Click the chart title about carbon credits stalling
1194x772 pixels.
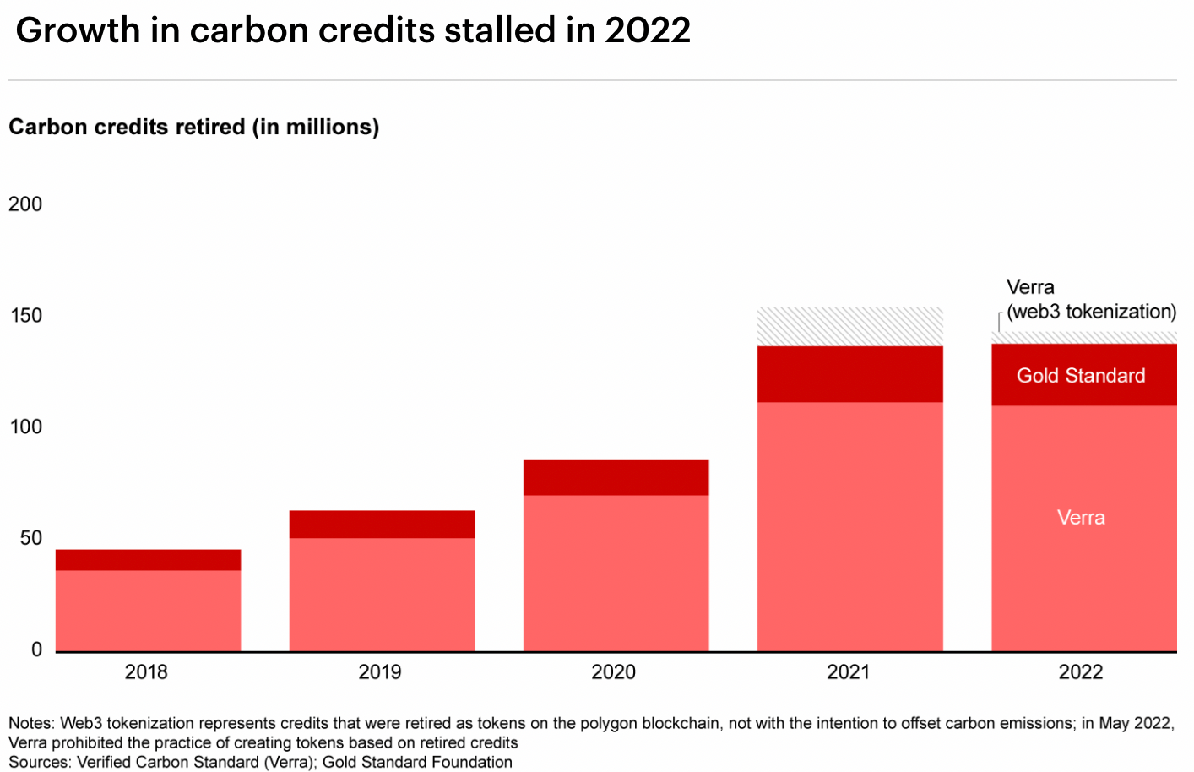(x=353, y=30)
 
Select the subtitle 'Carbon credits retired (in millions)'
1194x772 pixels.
(x=193, y=127)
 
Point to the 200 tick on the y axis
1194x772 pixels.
(x=25, y=204)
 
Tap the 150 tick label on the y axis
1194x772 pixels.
(x=25, y=316)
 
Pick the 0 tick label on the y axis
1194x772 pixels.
(x=36, y=650)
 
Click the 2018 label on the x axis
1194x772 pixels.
(x=146, y=672)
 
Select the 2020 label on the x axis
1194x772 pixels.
(x=614, y=672)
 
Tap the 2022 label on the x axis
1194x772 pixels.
(x=1081, y=672)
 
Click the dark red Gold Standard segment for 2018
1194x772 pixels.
(x=148, y=560)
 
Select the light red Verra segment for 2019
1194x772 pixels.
(x=382, y=594)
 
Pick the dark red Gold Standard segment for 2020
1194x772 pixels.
(x=616, y=477)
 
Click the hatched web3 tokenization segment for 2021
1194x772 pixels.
(x=849, y=327)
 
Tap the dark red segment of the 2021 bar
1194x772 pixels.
(x=849, y=374)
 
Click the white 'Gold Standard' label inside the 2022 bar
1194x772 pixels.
(x=1081, y=376)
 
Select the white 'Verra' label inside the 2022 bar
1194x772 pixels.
(x=1081, y=518)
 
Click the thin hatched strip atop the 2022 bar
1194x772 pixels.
(x=1083, y=338)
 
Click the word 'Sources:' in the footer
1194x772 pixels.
(x=40, y=762)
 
